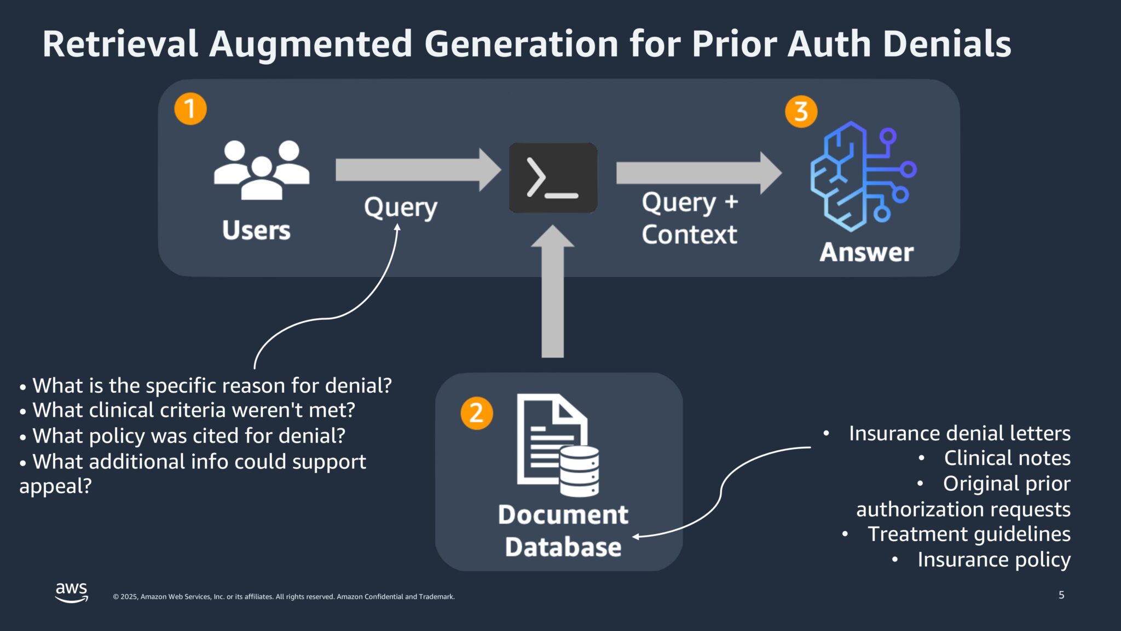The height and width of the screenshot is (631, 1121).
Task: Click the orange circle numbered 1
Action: click(x=190, y=109)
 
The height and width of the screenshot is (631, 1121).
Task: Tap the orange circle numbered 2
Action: click(x=476, y=413)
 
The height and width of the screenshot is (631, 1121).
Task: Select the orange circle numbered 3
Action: click(x=801, y=112)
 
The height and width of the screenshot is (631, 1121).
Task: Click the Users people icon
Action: click(x=262, y=169)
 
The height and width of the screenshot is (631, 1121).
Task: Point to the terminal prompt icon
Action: click(x=553, y=178)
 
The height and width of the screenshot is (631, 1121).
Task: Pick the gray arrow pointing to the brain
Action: click(x=698, y=173)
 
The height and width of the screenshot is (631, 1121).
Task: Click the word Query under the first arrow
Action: click(x=401, y=208)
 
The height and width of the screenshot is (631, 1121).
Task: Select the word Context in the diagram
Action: click(x=689, y=235)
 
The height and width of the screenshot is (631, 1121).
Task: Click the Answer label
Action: click(x=866, y=253)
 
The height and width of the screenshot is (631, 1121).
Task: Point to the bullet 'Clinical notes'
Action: click(x=1007, y=458)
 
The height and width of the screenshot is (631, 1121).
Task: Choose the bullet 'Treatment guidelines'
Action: click(x=969, y=534)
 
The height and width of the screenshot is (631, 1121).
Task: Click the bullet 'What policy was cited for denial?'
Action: click(x=189, y=436)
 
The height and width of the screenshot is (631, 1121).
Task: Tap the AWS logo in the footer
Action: click(x=72, y=592)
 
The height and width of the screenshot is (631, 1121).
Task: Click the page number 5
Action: click(x=1061, y=595)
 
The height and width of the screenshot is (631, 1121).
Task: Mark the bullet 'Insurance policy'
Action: click(x=993, y=560)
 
